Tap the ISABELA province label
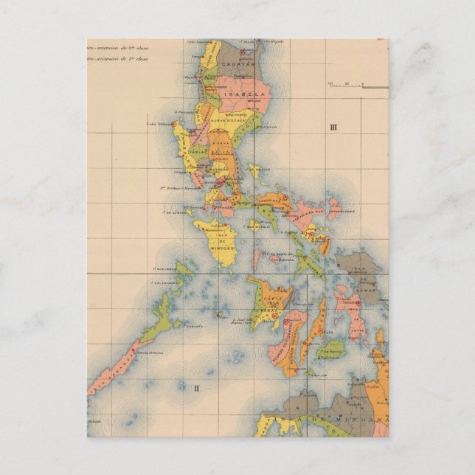click(239, 96)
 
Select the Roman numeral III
click(333, 128)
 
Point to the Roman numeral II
click(196, 386)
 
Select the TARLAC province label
click(197, 150)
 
